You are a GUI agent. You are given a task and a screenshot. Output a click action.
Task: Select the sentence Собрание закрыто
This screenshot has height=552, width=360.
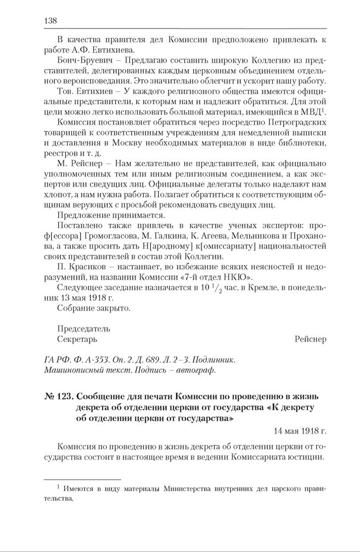pyautogui.click(x=94, y=308)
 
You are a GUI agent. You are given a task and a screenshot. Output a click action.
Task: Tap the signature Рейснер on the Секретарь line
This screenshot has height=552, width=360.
pyautogui.click(x=310, y=339)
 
